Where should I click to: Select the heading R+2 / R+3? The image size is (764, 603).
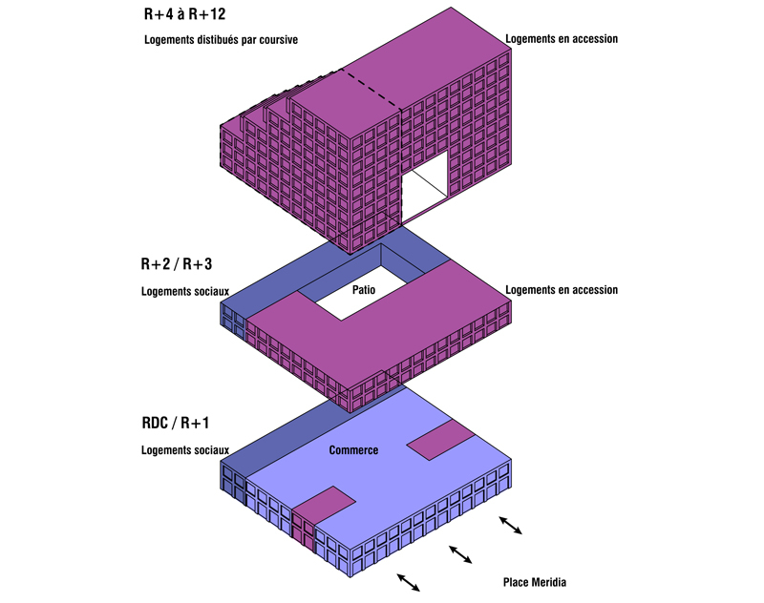coord(178,264)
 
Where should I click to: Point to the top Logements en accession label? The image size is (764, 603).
coord(562,39)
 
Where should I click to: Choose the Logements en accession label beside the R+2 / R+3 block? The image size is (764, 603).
coord(562,290)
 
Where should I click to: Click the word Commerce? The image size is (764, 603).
coord(353,450)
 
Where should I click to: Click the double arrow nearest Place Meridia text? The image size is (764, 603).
coord(511,525)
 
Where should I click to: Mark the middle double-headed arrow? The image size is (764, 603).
coord(460,553)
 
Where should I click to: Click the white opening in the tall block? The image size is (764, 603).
coord(426,187)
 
